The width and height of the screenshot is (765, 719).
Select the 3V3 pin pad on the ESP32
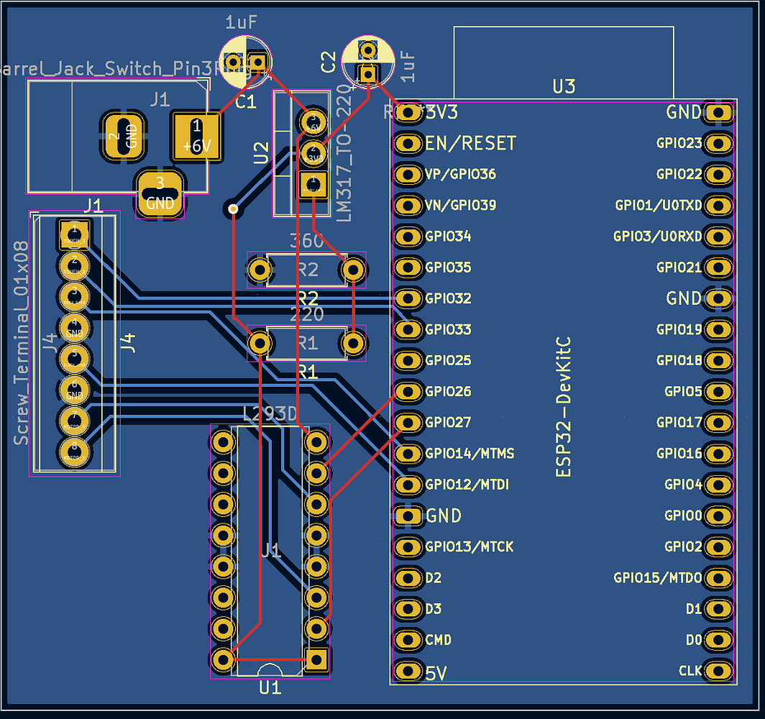pyautogui.click(x=408, y=112)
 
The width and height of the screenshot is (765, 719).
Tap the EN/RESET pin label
pyautogui.click(x=470, y=143)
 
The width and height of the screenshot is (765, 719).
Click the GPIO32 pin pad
pyautogui.click(x=408, y=298)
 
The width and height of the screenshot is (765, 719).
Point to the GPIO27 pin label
pyautogui.click(x=448, y=422)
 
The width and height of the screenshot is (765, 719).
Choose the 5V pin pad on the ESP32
pyautogui.click(x=408, y=672)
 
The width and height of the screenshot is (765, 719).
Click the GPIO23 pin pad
pyautogui.click(x=718, y=143)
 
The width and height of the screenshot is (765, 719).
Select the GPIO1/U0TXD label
pyautogui.click(x=658, y=205)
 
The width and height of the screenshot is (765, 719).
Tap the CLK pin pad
pyautogui.click(x=718, y=671)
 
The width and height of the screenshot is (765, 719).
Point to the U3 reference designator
pyautogui.click(x=564, y=87)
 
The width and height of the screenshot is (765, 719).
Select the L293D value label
pyautogui.click(x=270, y=415)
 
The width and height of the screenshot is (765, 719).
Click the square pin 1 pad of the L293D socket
pyautogui.click(x=316, y=659)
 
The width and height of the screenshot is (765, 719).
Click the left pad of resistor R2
pyautogui.click(x=259, y=270)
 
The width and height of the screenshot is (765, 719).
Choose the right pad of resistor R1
pyautogui.click(x=352, y=343)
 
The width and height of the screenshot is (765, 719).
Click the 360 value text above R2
pyautogui.click(x=307, y=241)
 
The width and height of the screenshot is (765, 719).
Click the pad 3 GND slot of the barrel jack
pyautogui.click(x=160, y=194)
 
